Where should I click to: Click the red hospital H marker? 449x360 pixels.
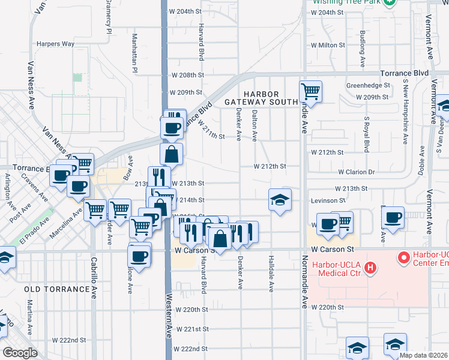(x=371, y=267)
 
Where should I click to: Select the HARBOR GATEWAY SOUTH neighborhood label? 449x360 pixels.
(x=261, y=98)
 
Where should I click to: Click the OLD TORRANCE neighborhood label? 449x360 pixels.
(x=57, y=289)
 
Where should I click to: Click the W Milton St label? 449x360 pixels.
(x=328, y=45)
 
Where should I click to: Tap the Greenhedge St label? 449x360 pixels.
(x=367, y=85)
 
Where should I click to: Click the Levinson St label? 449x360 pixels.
(x=328, y=200)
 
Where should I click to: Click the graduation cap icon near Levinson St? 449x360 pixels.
(x=280, y=200)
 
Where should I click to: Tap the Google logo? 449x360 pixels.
(x=20, y=353)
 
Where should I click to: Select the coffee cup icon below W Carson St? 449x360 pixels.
(x=139, y=256)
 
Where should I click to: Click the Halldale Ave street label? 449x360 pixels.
(x=271, y=272)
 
